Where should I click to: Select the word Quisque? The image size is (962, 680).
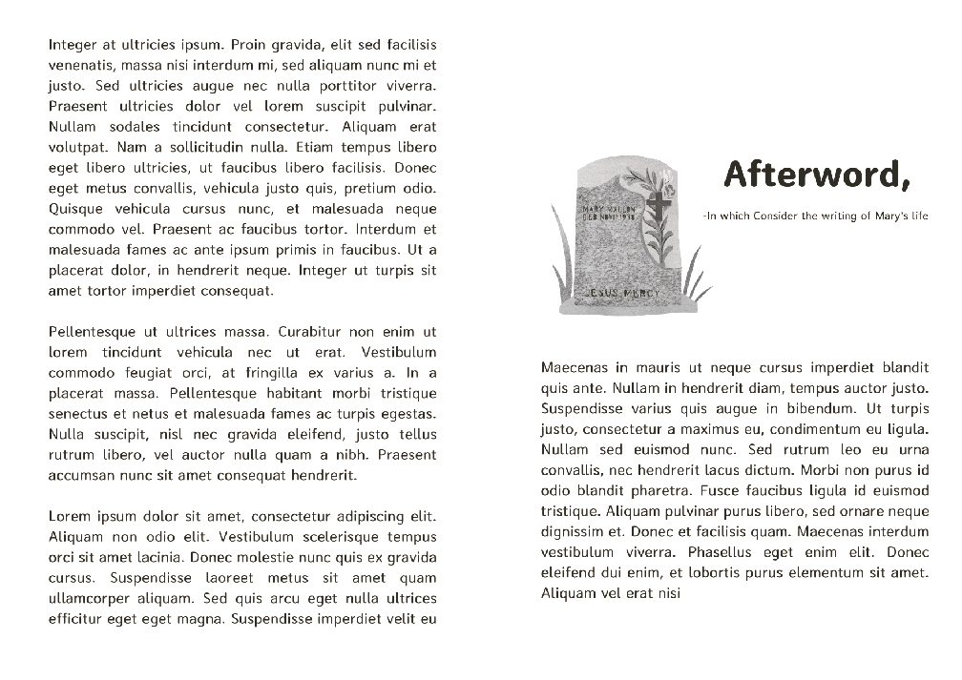[x=77, y=209]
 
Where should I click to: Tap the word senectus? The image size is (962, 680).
[x=76, y=414]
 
